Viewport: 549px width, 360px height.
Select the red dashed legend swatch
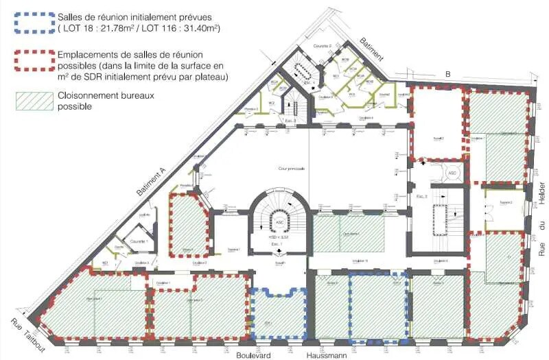tap(34, 60)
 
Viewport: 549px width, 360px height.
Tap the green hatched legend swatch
tap(34, 101)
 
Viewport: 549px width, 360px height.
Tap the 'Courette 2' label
tap(323, 45)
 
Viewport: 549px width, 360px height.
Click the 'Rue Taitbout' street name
tap(27, 335)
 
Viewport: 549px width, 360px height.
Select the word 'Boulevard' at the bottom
tap(254, 355)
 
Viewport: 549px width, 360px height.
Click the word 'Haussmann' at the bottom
tap(326, 355)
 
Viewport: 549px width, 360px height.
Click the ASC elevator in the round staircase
tap(279, 222)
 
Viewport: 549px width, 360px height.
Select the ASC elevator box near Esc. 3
tap(452, 173)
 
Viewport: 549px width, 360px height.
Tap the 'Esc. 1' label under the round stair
tap(276, 243)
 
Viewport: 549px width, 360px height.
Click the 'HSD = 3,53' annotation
tap(276, 237)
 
